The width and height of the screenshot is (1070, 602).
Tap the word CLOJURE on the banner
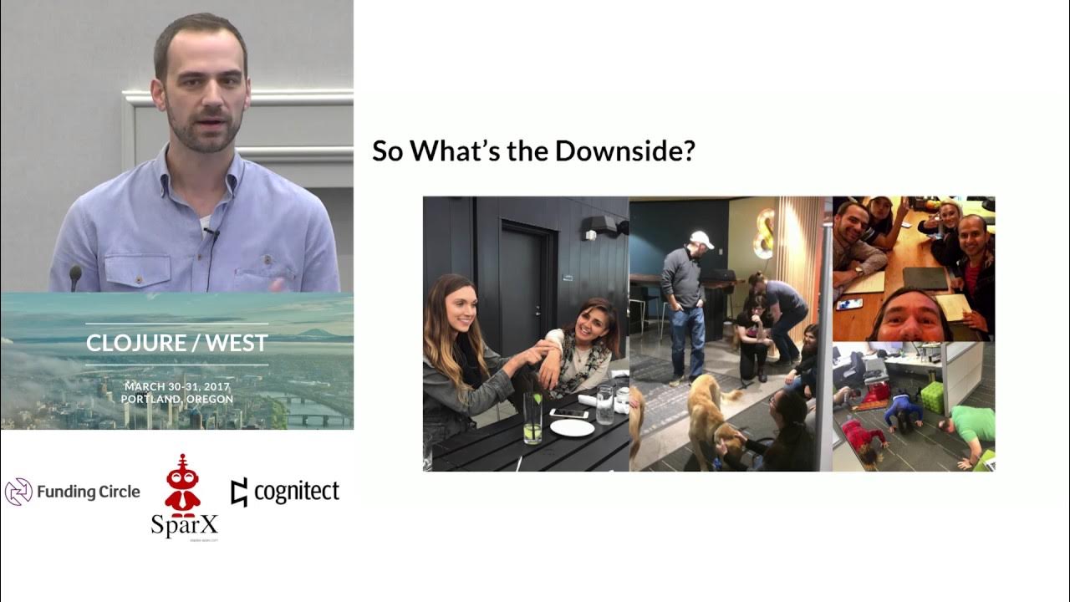[x=133, y=343]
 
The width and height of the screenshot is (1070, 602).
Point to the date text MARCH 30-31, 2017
[x=176, y=386]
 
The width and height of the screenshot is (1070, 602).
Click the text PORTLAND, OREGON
[x=176, y=399]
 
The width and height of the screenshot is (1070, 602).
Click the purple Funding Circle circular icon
[x=18, y=492]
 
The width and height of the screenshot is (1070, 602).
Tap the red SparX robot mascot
[x=182, y=484]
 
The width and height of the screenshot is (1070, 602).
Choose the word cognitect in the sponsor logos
[x=296, y=492]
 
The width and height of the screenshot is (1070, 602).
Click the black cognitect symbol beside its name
[x=239, y=492]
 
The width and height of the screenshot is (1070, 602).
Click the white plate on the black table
[x=573, y=427]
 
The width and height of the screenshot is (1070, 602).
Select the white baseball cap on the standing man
[x=701, y=240]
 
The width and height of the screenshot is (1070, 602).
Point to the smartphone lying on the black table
[x=569, y=412]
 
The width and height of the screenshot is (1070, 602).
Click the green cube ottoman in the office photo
[x=932, y=397]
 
